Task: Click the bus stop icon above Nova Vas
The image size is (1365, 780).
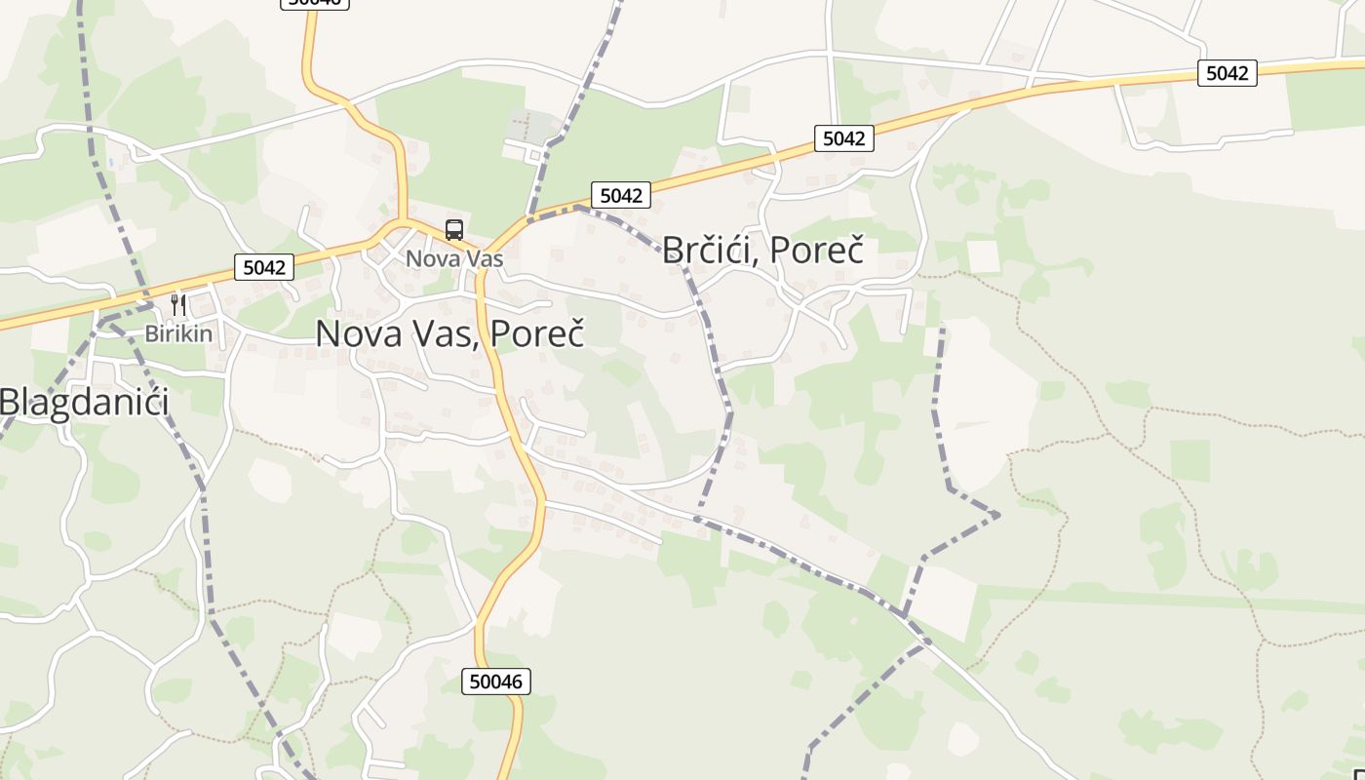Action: point(454,230)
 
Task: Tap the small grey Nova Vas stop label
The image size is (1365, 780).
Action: point(454,258)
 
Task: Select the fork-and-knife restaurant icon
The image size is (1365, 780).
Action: point(177,304)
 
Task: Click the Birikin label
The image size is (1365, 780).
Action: point(178,333)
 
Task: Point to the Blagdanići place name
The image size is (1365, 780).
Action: point(84,402)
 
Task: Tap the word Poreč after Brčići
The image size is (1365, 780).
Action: point(816,250)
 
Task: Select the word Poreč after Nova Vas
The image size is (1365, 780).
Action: point(537,333)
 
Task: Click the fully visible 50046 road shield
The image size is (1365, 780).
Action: point(496,681)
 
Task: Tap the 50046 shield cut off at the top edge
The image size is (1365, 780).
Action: point(314,3)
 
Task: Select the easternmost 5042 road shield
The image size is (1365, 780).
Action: point(1227,72)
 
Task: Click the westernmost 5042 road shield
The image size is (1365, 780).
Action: point(263,266)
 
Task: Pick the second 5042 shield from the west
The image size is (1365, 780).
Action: point(621,195)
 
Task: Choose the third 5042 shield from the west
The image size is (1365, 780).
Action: point(843,138)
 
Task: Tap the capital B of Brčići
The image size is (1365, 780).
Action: point(674,250)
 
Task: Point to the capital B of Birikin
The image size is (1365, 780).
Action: point(150,333)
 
